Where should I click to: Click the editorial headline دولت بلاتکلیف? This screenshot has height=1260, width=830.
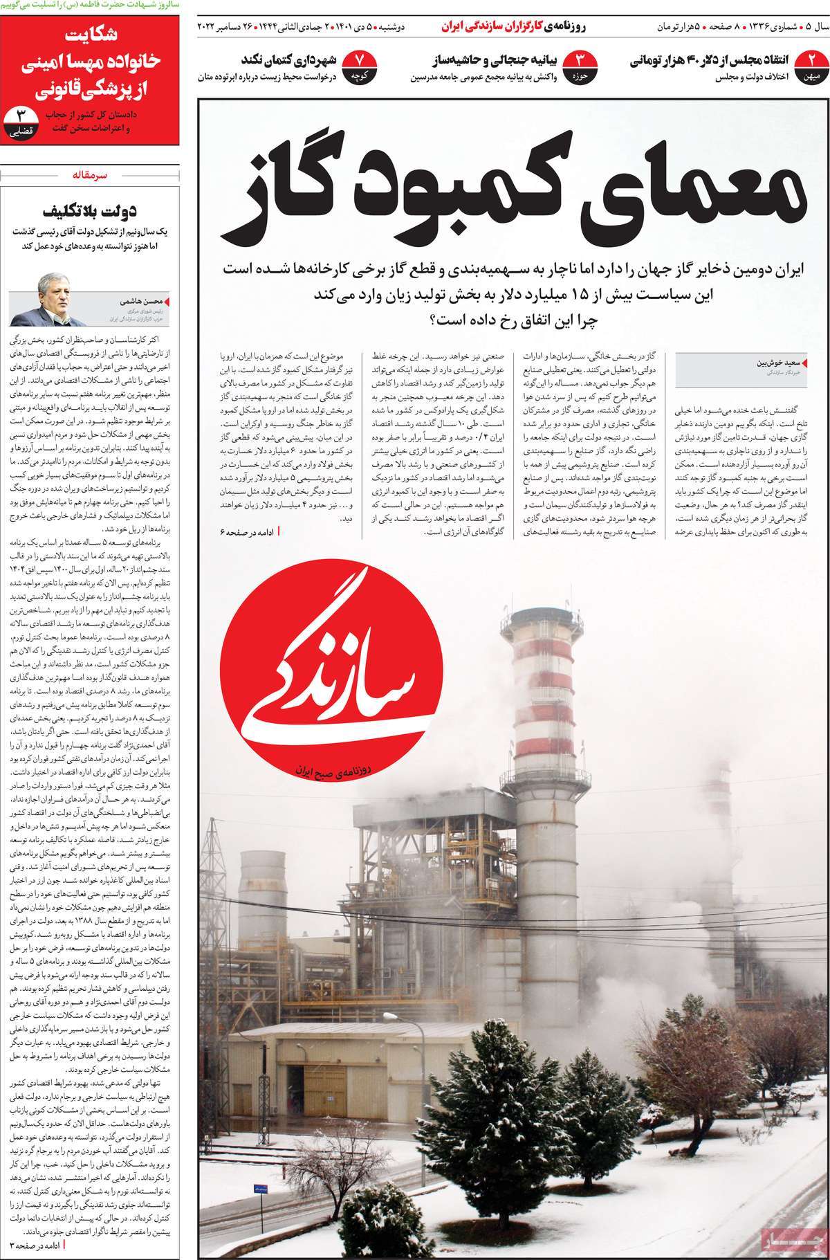pyautogui.click(x=110, y=210)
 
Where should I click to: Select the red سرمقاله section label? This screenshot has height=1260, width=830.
pyautogui.click(x=91, y=176)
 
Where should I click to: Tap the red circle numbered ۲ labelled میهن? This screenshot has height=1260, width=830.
pyautogui.click(x=812, y=65)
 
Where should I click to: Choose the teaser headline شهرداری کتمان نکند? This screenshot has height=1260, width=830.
pyautogui.click(x=288, y=59)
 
